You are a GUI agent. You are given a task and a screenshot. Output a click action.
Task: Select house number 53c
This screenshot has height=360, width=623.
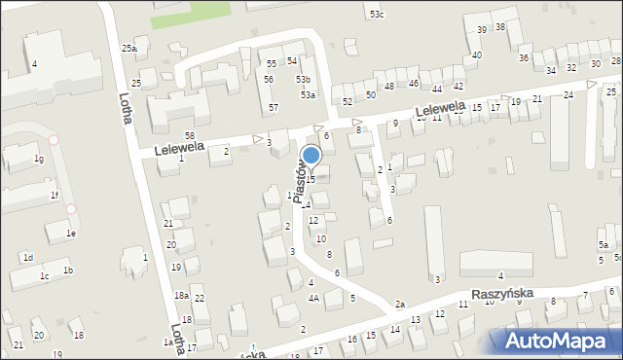pyautogui.click(x=377, y=14)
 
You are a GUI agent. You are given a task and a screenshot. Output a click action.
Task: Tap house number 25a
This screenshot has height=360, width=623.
pyautogui.click(x=128, y=48)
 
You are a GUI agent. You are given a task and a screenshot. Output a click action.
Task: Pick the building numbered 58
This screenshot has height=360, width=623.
pyautogui.click(x=189, y=134)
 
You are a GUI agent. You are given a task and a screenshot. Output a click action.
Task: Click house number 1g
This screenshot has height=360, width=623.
pyautogui.click(x=39, y=159)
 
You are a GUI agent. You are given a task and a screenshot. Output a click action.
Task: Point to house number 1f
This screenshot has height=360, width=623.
pyautogui.click(x=55, y=196)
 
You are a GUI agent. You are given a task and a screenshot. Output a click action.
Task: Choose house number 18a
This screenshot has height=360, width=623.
pyautogui.click(x=181, y=295)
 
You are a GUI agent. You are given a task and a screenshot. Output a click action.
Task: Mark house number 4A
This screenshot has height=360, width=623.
pyautogui.click(x=313, y=298)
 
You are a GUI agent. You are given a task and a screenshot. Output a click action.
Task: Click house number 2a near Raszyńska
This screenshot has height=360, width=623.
pyautogui.click(x=399, y=305)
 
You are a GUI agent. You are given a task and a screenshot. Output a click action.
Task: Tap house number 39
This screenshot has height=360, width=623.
pyautogui.click(x=482, y=30)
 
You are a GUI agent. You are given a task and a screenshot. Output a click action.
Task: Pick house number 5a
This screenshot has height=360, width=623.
pyautogui.click(x=605, y=244)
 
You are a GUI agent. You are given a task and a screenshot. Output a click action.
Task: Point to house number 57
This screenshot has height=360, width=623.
pyautogui.click(x=274, y=107)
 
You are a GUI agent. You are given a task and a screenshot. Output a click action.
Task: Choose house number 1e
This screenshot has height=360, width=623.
pyautogui.click(x=70, y=234)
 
